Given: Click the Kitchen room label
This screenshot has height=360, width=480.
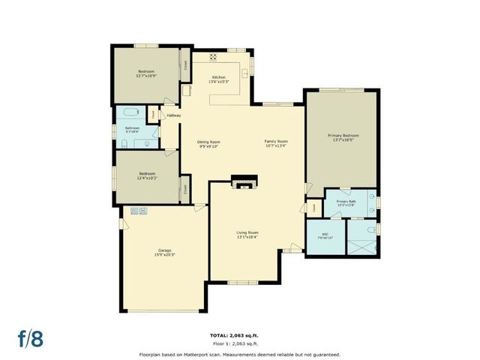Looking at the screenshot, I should (218, 78).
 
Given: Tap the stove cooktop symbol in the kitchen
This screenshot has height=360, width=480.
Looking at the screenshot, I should (213, 56).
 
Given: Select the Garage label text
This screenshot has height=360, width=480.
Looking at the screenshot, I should (165, 251).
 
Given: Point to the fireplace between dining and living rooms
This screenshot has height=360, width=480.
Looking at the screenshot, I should (243, 182).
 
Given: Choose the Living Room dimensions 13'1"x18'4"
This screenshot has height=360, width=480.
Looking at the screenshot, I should (247, 237).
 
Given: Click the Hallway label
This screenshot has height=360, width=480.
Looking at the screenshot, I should (174, 115).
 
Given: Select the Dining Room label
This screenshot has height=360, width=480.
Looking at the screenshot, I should (208, 142).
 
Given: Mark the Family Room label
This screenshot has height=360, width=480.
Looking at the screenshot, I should (276, 142).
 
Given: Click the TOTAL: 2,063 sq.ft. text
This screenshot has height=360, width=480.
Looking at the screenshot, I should (239, 334).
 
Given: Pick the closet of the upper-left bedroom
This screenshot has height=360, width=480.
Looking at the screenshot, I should (185, 64).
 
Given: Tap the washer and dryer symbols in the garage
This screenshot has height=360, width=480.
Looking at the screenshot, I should (140, 211).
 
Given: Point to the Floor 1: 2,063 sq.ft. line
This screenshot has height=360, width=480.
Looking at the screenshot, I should (239, 343).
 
